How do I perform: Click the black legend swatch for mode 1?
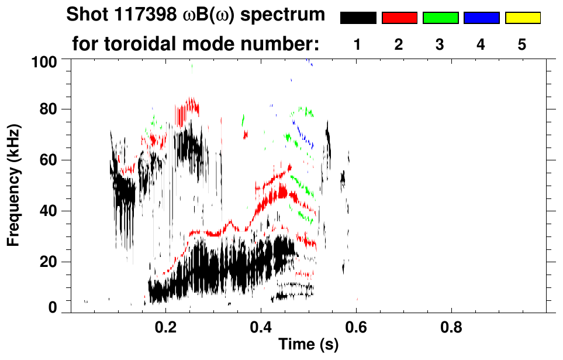[x=358, y=18]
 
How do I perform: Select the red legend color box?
[x=399, y=18]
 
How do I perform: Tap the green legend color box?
[x=440, y=18]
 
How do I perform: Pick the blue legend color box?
[x=482, y=18]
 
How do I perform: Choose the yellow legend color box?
[x=523, y=18]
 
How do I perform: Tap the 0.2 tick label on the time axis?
[x=166, y=325]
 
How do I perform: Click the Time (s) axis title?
[x=308, y=345]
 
